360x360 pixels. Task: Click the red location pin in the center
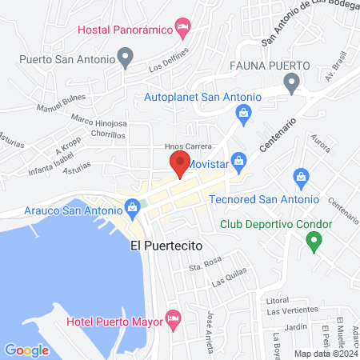click(179, 164)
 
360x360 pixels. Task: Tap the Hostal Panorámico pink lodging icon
click(183, 30)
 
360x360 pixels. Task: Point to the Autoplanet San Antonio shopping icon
click(241, 115)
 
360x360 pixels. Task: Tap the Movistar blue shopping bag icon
click(237, 161)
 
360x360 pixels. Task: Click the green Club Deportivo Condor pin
click(315, 238)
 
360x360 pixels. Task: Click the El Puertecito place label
click(166, 247)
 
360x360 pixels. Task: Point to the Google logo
click(26, 350)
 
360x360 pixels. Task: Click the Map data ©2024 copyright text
click(326, 353)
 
